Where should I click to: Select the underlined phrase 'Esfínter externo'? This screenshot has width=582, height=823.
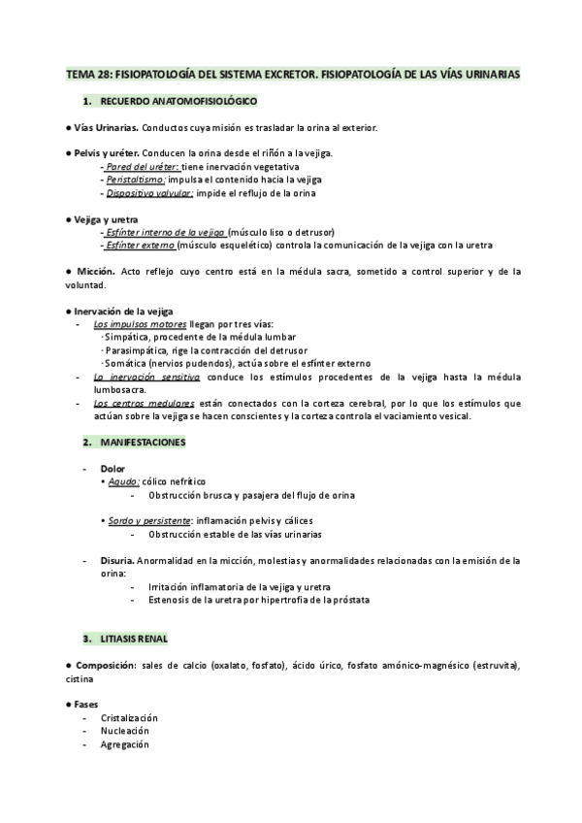[146, 246]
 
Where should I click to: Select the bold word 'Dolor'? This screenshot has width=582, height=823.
[113, 469]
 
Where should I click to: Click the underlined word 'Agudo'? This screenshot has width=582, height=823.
[124, 481]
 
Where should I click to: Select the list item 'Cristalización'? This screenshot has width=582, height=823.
[129, 717]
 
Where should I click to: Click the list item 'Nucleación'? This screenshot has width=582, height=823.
[124, 731]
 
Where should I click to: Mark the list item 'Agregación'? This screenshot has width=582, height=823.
[124, 744]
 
